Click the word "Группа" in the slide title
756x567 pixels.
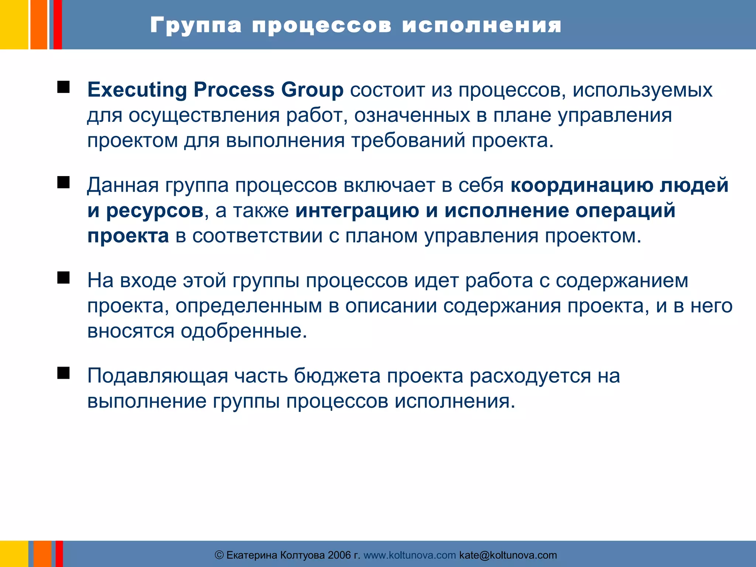196,26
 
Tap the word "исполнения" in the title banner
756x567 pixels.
482,26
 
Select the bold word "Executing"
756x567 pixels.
137,90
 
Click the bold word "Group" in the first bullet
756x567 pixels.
312,90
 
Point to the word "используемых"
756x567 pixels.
642,90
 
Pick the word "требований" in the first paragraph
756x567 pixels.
408,141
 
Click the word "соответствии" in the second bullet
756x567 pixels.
257,236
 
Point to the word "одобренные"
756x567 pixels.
244,331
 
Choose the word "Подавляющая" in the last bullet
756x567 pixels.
158,376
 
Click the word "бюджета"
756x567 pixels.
337,376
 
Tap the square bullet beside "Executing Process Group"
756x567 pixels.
63,87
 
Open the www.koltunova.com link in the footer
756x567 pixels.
410,555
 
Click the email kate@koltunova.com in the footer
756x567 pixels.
508,555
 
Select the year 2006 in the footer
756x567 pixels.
339,555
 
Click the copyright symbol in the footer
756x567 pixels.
219,555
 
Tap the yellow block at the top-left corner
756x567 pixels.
14,24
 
